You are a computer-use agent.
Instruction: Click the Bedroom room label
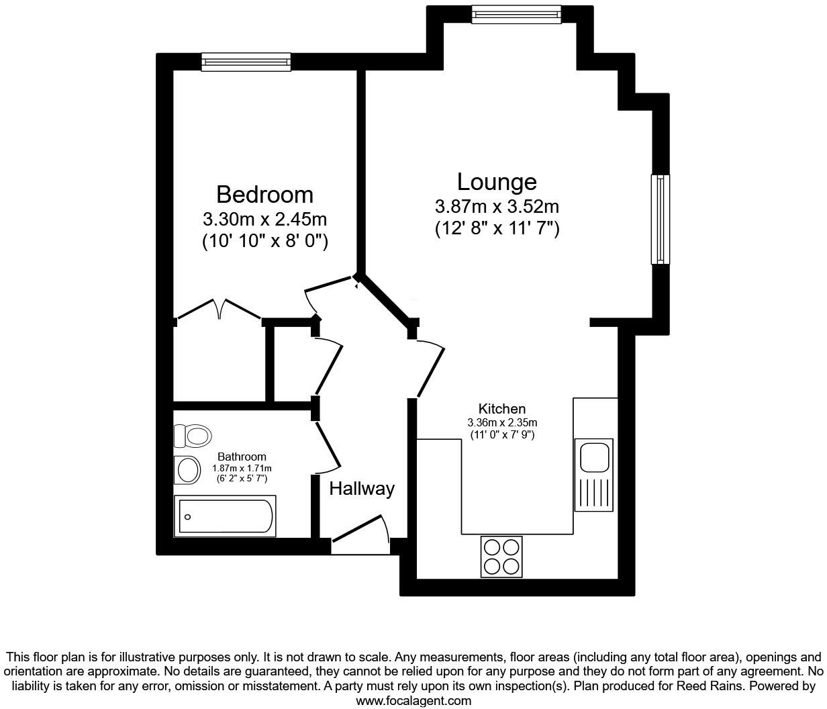[264, 195]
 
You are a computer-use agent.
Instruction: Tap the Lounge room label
[497, 182]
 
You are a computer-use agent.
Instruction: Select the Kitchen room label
[501, 409]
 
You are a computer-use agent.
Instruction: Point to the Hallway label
[361, 489]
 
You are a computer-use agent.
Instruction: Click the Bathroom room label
[242, 457]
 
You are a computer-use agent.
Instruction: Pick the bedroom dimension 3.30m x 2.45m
[264, 220]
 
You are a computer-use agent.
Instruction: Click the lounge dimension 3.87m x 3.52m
[497, 206]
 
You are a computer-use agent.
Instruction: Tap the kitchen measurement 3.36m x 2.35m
[502, 423]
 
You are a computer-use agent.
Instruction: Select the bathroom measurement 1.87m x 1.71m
[242, 468]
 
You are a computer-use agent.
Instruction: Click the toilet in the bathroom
[192, 436]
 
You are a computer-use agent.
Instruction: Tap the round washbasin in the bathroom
[187, 470]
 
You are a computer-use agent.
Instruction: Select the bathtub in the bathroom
[225, 516]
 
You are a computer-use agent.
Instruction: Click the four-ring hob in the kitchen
[501, 557]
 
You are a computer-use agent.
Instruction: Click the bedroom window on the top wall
[246, 62]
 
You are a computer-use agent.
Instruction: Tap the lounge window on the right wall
[661, 219]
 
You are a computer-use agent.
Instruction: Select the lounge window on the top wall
[516, 13]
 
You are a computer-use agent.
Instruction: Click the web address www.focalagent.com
[413, 701]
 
